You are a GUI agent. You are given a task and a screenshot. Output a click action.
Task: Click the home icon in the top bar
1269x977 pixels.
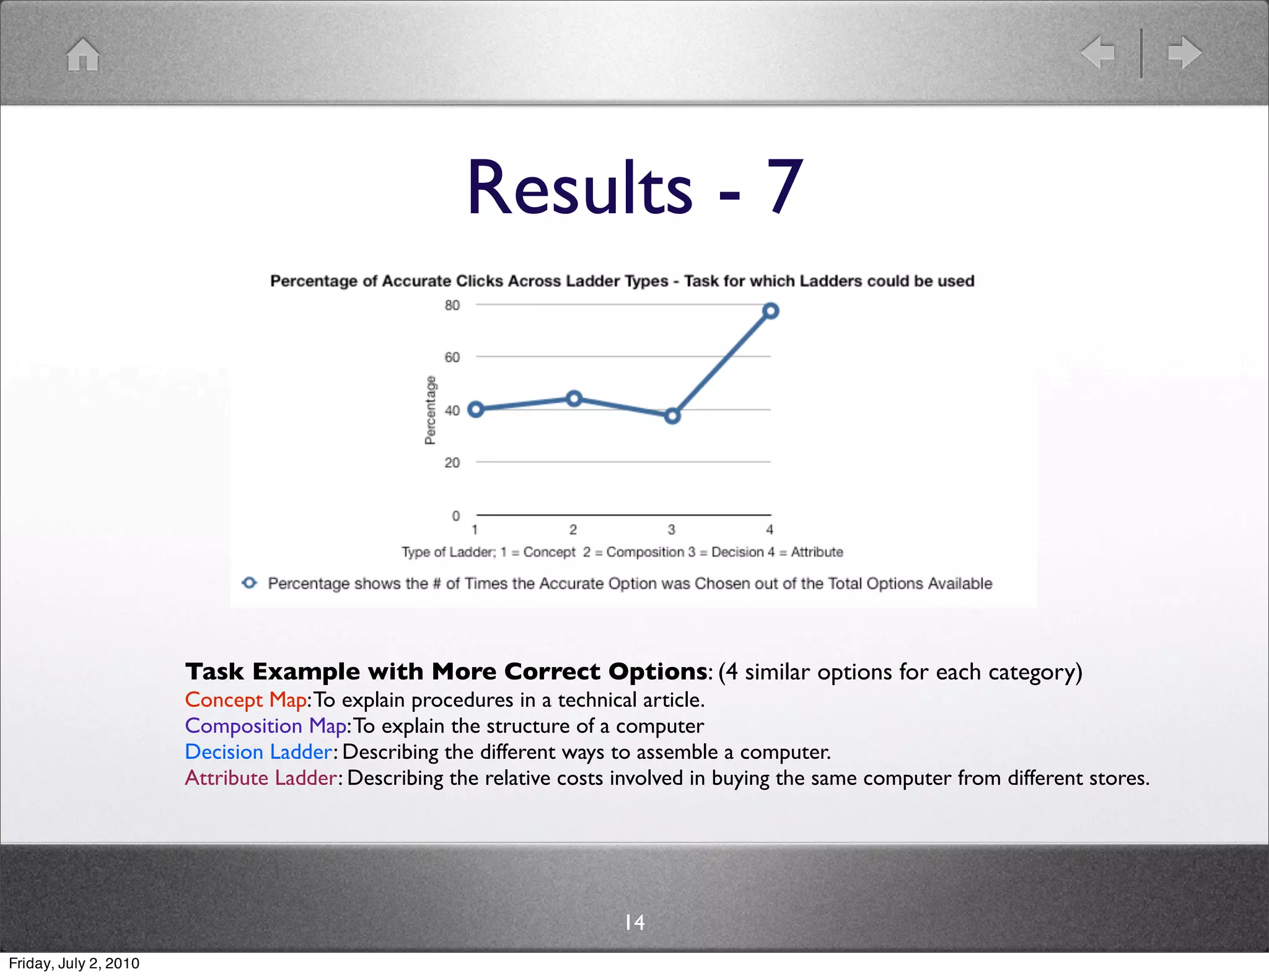[83, 55]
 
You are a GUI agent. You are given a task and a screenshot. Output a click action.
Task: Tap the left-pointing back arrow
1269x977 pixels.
[1097, 52]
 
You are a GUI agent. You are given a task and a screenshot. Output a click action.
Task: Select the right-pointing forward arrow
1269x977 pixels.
[1185, 52]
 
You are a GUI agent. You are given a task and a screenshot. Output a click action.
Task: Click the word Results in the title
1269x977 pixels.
[579, 188]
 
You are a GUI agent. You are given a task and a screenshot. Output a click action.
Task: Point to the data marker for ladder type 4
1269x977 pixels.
[770, 311]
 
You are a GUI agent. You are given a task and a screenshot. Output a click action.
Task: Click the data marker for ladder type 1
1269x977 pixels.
[475, 409]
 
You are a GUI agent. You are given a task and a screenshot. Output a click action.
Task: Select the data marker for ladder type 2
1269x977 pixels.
[574, 399]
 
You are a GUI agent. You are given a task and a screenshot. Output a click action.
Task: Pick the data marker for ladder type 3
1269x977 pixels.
[672, 416]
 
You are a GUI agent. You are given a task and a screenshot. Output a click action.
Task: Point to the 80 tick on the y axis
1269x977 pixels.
[452, 305]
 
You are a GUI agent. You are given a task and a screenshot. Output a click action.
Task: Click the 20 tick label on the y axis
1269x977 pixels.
[452, 462]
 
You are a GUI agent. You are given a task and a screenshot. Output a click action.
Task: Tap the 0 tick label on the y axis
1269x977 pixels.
[456, 516]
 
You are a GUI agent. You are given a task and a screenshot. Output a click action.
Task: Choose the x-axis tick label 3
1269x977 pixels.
[671, 529]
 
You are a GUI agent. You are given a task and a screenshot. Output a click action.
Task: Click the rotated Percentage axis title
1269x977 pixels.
[430, 410]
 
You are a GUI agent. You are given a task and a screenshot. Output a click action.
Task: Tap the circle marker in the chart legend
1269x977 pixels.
[249, 583]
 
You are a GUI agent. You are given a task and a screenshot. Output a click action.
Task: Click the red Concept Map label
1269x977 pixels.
[245, 700]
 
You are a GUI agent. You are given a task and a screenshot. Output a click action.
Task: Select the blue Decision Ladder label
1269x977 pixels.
[258, 752]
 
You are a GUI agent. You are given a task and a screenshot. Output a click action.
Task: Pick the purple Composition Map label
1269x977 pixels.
[265, 726]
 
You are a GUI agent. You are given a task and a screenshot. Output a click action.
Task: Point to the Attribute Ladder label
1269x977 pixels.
[261, 778]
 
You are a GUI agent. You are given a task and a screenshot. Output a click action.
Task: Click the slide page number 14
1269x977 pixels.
[634, 922]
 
